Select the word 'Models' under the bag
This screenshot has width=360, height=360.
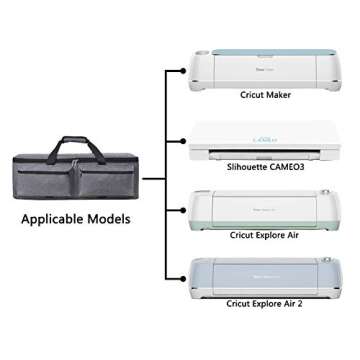coord(109,217)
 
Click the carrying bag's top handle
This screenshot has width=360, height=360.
coord(72,145)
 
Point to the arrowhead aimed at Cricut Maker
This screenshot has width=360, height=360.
coord(184,72)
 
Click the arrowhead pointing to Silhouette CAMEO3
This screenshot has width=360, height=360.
coord(184,143)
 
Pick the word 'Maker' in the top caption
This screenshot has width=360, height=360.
coord(280,96)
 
